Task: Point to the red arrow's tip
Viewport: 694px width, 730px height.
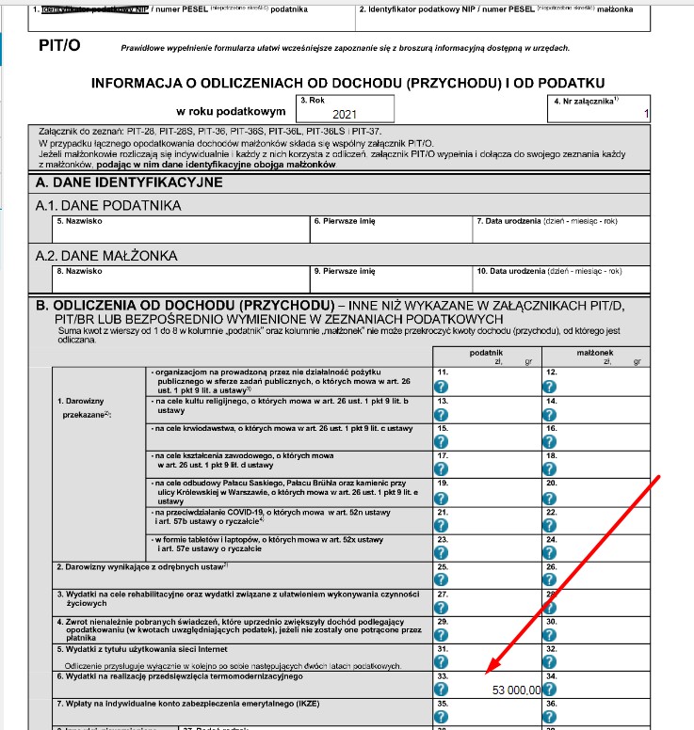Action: tap(485, 674)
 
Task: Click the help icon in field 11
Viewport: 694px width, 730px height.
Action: tap(441, 387)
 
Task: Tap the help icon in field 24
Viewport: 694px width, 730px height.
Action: tap(549, 548)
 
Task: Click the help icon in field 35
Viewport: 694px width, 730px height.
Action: tap(441, 717)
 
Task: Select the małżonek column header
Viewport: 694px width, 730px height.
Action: tap(594, 351)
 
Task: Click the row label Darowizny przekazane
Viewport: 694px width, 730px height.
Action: tap(85, 406)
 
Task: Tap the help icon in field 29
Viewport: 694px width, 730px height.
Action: tap(441, 635)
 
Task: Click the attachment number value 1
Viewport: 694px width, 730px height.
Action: tap(645, 114)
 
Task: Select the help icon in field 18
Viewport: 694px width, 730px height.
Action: tap(549, 468)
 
